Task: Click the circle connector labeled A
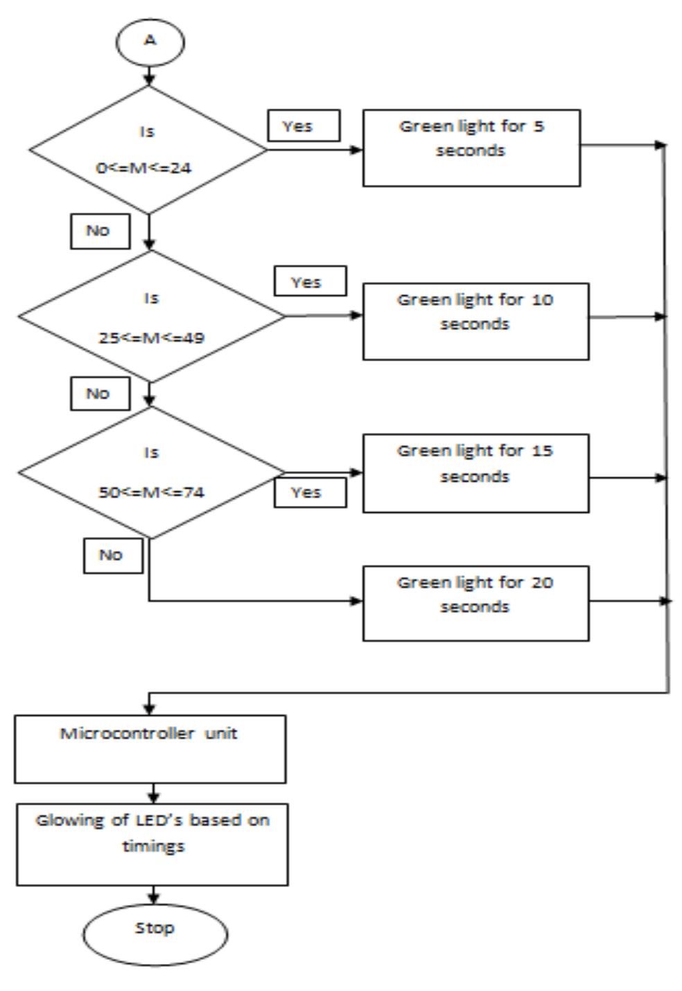point(150,42)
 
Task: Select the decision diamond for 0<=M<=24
point(148,150)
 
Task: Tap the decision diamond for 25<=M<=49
point(151,317)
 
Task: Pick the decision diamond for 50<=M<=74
point(151,473)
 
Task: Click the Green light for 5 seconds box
point(471,148)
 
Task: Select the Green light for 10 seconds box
point(475,321)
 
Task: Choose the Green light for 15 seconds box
point(475,473)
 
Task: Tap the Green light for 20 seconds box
point(475,603)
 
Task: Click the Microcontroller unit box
point(150,749)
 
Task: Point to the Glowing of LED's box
point(152,844)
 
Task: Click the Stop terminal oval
point(155,934)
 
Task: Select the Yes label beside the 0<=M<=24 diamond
point(304,126)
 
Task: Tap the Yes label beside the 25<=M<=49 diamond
point(310,281)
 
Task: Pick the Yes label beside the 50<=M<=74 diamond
point(310,493)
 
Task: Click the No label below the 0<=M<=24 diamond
point(100,231)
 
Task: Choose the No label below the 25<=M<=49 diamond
point(100,394)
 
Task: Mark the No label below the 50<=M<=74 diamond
point(113,556)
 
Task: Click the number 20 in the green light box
point(542,583)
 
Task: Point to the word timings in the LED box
point(153,846)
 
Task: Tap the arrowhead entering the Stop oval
point(153,899)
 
